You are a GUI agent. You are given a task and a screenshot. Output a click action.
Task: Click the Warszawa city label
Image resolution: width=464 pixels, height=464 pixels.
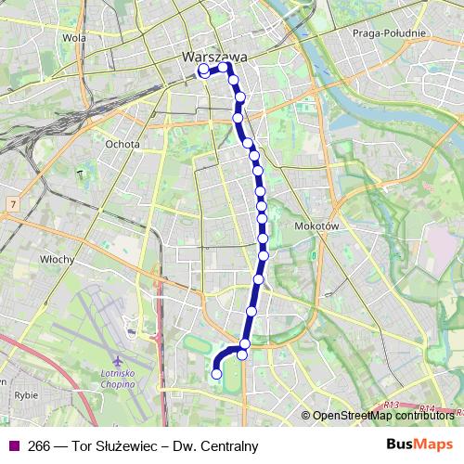click(213, 56)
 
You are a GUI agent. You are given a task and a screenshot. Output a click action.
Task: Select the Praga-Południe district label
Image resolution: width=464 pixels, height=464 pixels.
click(389, 33)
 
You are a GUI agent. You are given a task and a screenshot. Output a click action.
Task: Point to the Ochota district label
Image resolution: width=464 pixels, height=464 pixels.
click(122, 144)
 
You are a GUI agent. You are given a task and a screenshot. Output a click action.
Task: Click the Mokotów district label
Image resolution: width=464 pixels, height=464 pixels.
click(318, 226)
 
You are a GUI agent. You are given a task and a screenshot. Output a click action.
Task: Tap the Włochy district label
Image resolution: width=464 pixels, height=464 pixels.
click(58, 260)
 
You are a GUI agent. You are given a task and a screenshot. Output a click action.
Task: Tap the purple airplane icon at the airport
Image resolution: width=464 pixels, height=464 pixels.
click(116, 360)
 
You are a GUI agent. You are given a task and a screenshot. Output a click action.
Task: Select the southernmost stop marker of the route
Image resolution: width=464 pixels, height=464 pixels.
click(217, 374)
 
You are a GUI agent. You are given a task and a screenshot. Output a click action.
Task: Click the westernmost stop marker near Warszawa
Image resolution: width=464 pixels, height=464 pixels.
click(203, 69)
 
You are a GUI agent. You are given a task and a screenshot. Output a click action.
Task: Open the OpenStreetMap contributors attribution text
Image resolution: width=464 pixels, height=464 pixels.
click(385, 416)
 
